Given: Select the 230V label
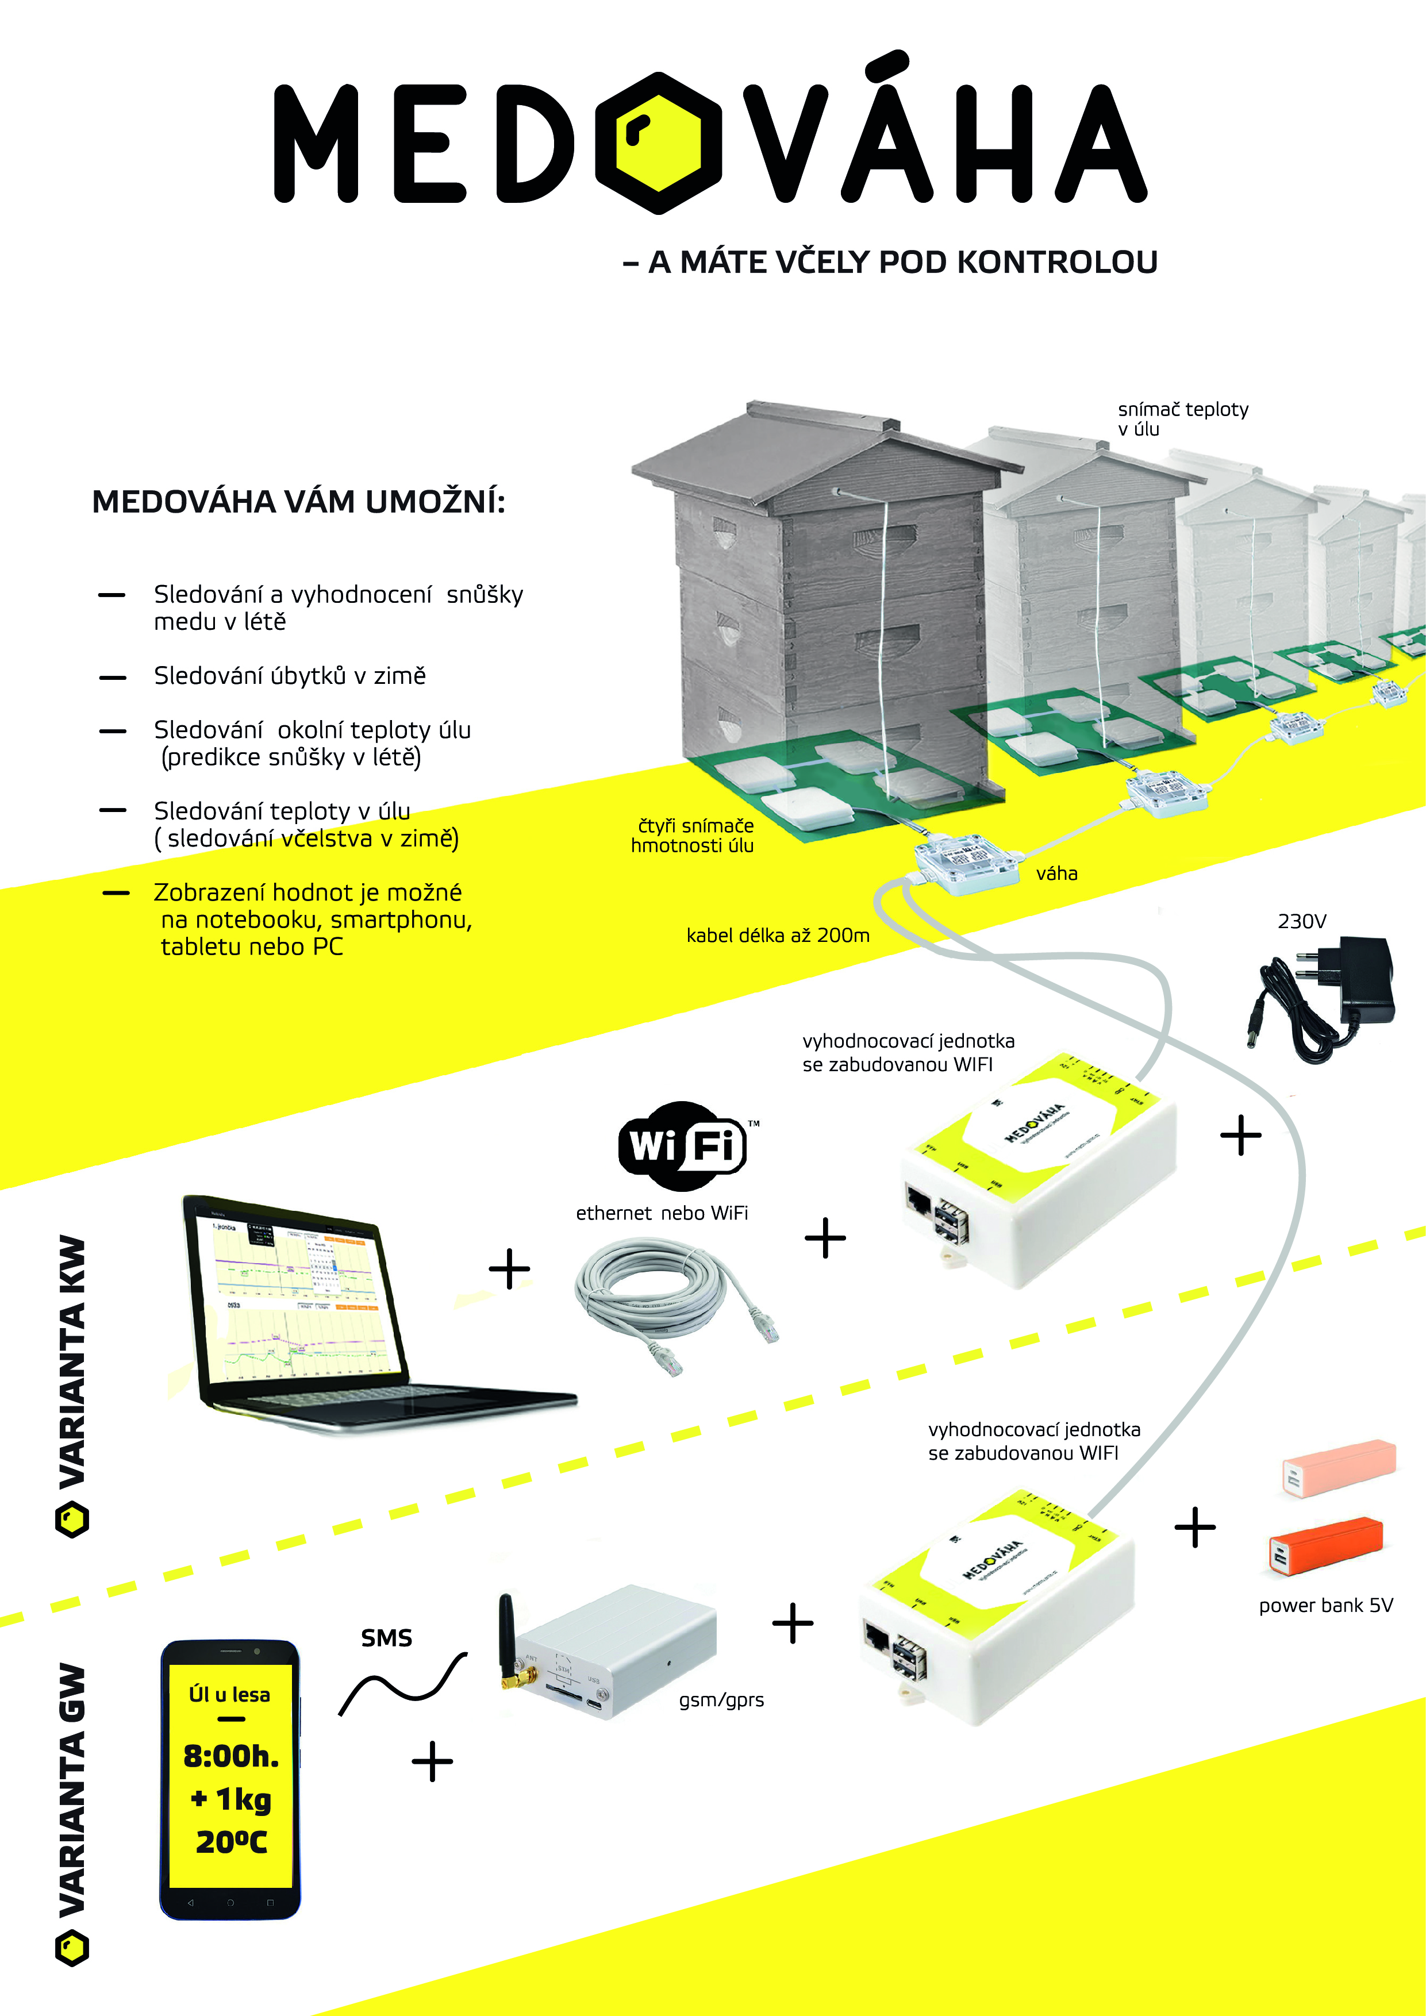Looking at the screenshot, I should click(1301, 921).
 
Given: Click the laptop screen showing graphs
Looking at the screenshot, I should click(298, 1299).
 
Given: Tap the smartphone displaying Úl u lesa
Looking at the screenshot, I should click(230, 1779).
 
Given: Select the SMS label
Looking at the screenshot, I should click(386, 1637).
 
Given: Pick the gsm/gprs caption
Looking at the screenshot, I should click(721, 1700).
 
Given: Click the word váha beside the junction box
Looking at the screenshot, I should click(1056, 873).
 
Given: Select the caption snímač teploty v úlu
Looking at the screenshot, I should click(1182, 419).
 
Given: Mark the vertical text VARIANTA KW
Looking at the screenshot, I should click(72, 1361).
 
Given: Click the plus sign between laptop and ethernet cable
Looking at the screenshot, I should click(509, 1269).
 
